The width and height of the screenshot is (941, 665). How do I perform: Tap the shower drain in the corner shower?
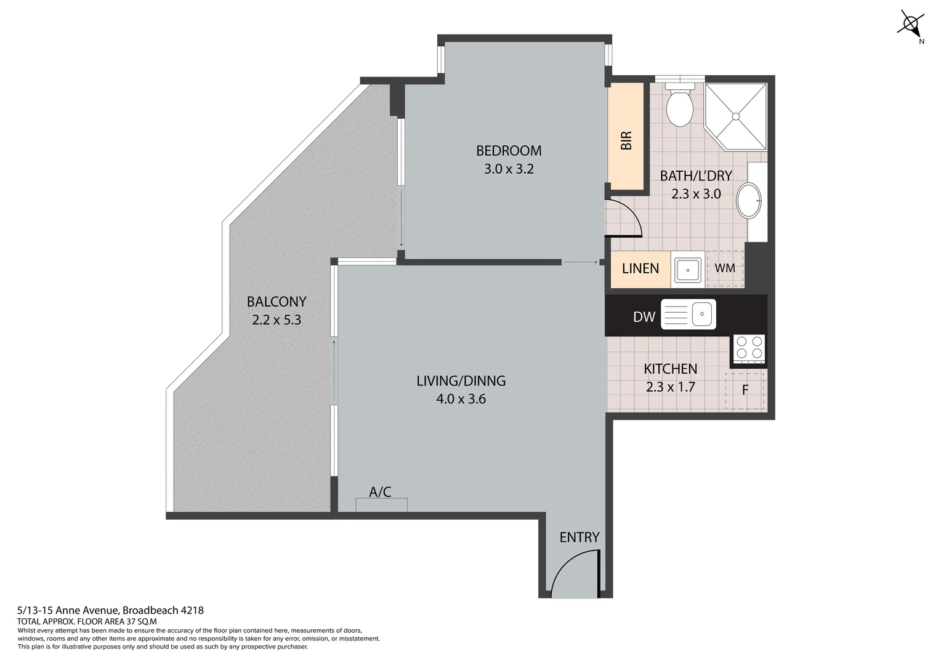tap(735, 116)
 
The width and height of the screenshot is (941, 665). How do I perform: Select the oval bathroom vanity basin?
tap(749, 200)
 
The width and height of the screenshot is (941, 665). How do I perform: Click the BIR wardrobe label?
tap(626, 140)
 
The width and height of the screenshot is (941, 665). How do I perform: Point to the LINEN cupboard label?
tap(640, 268)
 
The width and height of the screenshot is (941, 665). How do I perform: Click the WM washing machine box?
tap(725, 268)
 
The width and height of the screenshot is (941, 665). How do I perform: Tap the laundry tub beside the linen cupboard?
tap(687, 269)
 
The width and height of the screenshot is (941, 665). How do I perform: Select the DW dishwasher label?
tap(644, 317)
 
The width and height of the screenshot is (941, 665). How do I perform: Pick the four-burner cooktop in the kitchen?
tap(749, 347)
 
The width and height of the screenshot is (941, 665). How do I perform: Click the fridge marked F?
tap(745, 390)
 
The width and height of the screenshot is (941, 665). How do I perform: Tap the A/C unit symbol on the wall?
tap(381, 504)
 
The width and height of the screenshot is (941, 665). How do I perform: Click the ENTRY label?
tap(579, 537)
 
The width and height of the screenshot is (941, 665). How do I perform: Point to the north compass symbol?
tap(910, 25)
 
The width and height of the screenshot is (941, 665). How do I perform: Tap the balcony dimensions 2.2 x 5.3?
tap(277, 320)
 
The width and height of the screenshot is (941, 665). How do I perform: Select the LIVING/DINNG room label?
tap(461, 381)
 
